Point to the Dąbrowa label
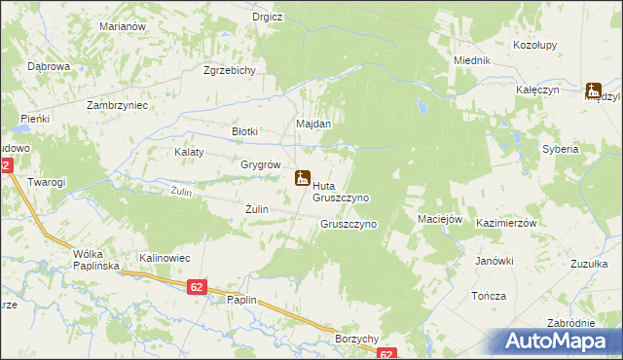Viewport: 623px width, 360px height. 48,66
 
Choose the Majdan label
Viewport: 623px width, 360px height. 313,125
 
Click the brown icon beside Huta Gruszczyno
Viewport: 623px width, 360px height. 302,178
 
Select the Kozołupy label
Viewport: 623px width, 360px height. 534,46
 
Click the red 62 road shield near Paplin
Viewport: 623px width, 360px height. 198,286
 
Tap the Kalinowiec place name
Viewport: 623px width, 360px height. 165,258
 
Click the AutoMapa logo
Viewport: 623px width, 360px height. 559,341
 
